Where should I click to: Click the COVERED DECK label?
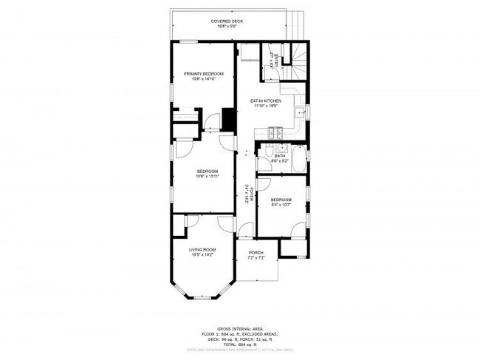[227, 21]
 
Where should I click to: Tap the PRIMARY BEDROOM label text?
[204, 73]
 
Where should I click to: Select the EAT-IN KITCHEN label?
[266, 101]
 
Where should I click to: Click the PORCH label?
[256, 252]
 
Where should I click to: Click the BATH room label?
[280, 156]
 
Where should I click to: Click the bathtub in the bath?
[298, 158]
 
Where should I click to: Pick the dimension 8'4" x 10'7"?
[281, 206]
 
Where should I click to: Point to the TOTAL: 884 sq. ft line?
[239, 345]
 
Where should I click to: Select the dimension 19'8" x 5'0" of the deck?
[227, 27]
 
